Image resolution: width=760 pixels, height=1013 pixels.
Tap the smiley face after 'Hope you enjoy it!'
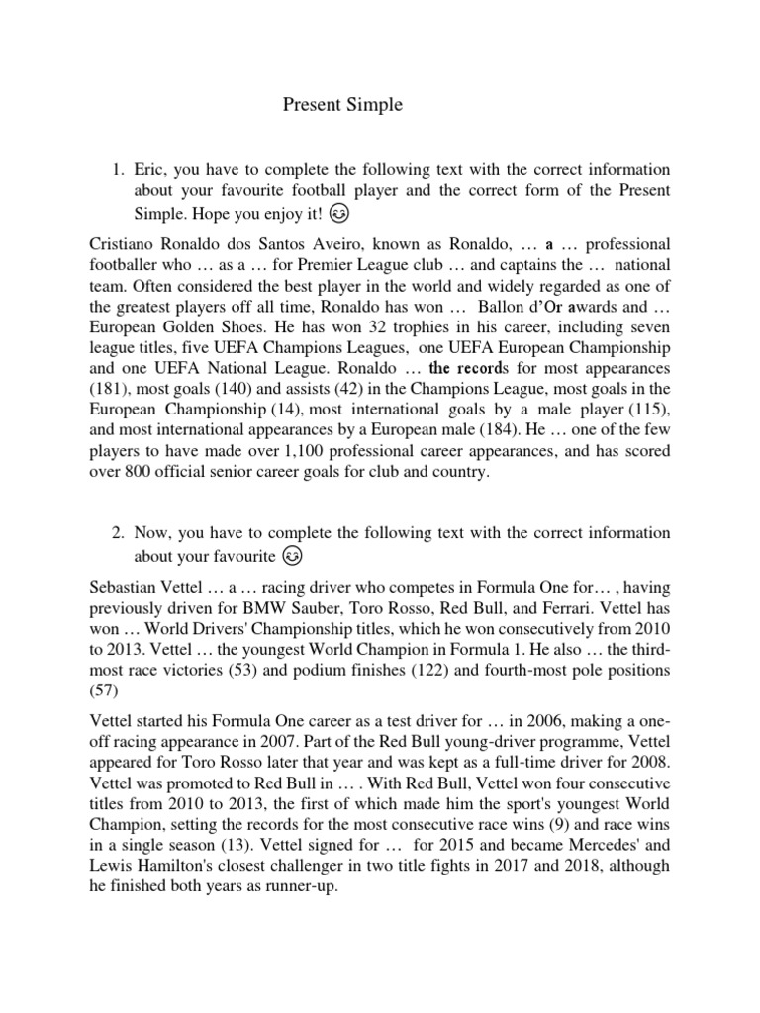tap(338, 213)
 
